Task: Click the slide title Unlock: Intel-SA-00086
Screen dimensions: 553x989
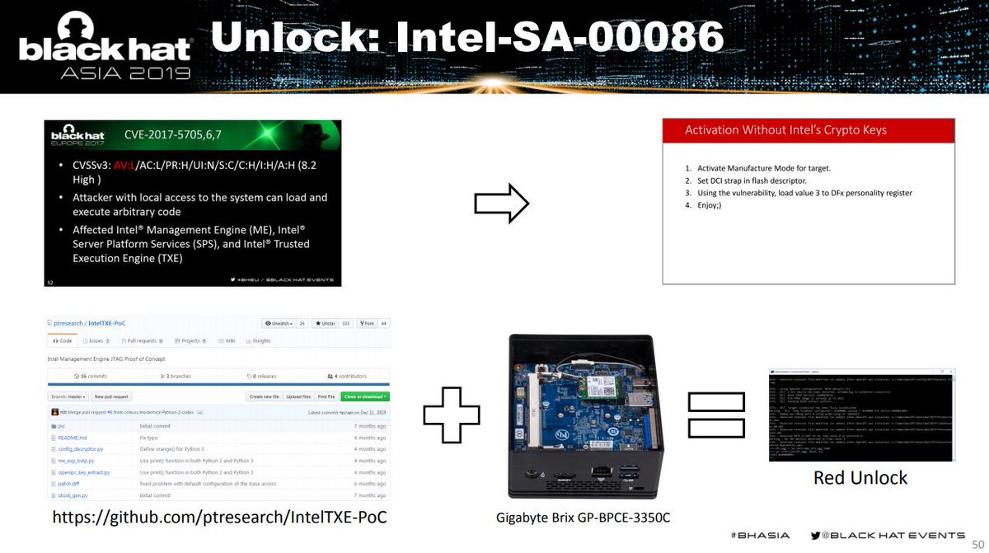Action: (466, 37)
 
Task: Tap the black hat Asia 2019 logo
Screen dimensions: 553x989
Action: (104, 48)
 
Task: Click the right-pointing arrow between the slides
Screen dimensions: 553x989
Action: (501, 203)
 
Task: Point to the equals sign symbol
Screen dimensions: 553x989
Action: (715, 415)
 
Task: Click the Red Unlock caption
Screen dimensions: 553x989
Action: (860, 478)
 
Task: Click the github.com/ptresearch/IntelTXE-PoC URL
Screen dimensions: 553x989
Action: (219, 517)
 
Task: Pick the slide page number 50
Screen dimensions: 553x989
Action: (978, 544)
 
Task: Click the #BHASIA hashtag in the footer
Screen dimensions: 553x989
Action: (760, 535)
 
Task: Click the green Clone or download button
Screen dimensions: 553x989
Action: (365, 396)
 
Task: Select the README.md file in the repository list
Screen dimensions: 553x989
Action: (73, 438)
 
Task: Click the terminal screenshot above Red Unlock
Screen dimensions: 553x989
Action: (862, 415)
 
